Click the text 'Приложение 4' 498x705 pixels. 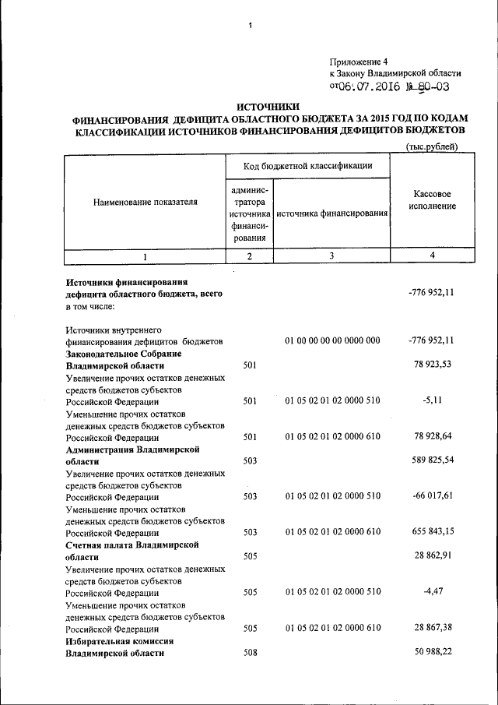(357, 61)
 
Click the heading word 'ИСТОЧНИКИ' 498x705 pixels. (267, 107)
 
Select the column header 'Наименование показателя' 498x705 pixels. (146, 202)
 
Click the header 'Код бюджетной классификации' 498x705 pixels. (307, 166)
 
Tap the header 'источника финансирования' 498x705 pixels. (331, 213)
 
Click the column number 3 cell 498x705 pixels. (331, 256)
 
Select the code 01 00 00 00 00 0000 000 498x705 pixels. (332, 341)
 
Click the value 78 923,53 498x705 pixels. (431, 365)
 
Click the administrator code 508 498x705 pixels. (250, 653)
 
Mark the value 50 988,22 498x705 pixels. (431, 652)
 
